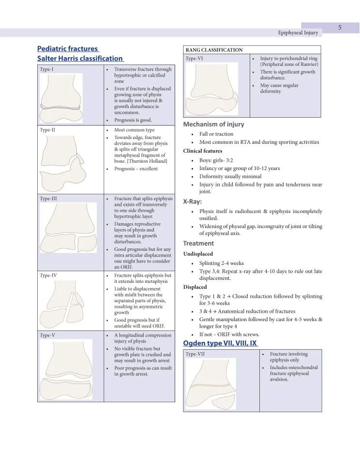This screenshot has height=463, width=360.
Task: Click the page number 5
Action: pyautogui.click(x=340, y=28)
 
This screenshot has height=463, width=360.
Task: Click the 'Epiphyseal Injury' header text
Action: pyautogui.click(x=298, y=33)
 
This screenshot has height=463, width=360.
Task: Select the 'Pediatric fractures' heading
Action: pyautogui.click(x=68, y=48)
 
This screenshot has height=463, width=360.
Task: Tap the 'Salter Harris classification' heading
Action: pyautogui.click(x=80, y=59)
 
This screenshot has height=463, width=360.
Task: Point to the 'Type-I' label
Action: pyautogui.click(x=47, y=69)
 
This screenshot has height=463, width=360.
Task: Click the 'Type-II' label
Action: pyautogui.click(x=48, y=130)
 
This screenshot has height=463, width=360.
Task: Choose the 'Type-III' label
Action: pyautogui.click(x=49, y=199)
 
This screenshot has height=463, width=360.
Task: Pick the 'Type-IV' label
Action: pyautogui.click(x=48, y=275)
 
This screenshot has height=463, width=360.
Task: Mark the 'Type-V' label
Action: pyautogui.click(x=47, y=335)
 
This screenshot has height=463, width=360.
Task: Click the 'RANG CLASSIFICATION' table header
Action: pyautogui.click(x=214, y=50)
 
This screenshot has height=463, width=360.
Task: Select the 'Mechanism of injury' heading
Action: pyautogui.click(x=213, y=124)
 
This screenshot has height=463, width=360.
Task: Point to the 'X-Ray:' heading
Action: pyautogui.click(x=193, y=201)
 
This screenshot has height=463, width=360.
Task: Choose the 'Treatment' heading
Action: pyautogui.click(x=198, y=244)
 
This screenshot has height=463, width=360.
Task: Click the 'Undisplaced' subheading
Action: pyautogui.click(x=198, y=254)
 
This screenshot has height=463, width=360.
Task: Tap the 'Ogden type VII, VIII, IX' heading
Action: pyautogui.click(x=220, y=343)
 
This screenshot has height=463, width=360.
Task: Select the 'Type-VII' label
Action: pyautogui.click(x=195, y=354)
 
